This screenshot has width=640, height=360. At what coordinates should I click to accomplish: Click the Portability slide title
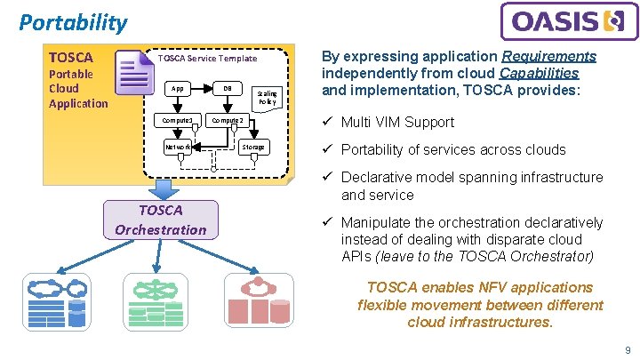tap(73, 22)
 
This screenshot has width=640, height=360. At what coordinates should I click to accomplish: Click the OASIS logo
tap(569, 21)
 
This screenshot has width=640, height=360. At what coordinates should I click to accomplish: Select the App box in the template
tap(179, 89)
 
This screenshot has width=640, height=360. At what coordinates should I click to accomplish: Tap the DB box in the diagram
tap(228, 89)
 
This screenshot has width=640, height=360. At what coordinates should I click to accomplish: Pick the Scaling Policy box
tap(267, 97)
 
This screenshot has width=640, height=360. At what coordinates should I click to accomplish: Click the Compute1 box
tap(178, 120)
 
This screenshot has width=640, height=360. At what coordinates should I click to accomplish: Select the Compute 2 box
tap(228, 120)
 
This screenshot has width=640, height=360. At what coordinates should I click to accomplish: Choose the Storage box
tap(254, 147)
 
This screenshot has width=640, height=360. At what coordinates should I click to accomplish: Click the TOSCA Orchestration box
tap(160, 220)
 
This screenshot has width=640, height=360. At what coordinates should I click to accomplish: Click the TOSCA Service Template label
tap(207, 59)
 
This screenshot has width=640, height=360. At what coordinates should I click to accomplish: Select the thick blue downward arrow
tap(163, 188)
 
